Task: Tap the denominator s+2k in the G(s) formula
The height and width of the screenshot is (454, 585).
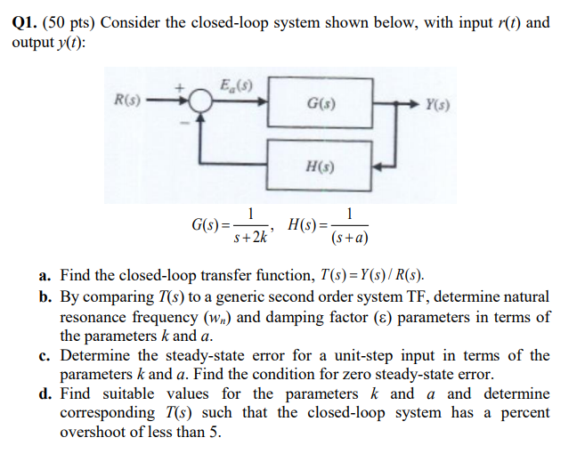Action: pyautogui.click(x=254, y=239)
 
